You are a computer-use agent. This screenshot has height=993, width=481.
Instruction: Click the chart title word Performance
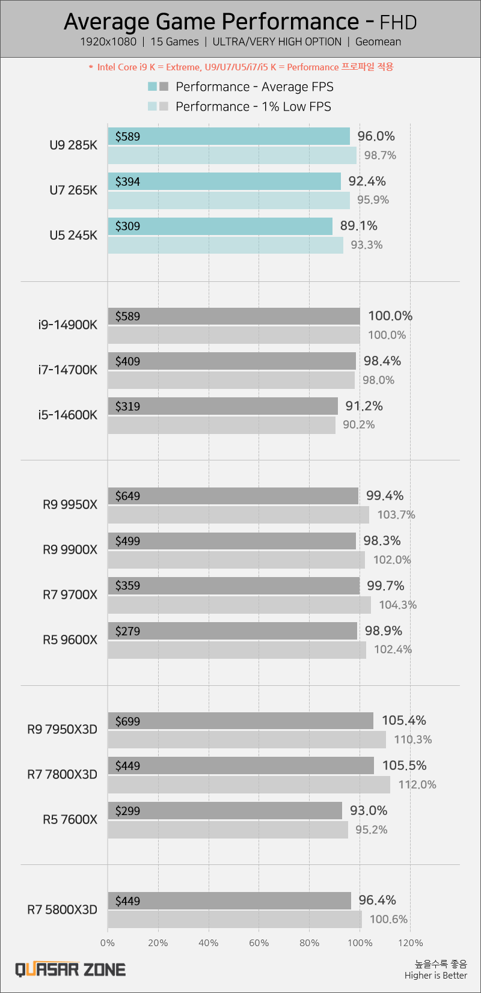291,22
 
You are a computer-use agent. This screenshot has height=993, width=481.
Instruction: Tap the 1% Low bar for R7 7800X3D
249,784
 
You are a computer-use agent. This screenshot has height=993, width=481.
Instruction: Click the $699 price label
127,721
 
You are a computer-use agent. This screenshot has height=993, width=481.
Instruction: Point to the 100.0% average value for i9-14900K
390,316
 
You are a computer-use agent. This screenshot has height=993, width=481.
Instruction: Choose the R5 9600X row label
70,640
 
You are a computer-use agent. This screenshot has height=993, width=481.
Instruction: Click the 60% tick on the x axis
259,943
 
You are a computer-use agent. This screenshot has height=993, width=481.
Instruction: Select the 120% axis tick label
411,943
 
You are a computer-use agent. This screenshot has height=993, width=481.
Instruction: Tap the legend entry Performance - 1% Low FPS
253,106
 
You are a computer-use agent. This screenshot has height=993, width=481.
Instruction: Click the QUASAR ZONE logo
70,970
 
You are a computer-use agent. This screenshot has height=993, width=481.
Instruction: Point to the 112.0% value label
417,784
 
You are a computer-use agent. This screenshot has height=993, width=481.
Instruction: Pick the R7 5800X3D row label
62,909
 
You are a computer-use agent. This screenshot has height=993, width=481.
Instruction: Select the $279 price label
127,631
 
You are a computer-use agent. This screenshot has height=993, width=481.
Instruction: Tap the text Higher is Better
436,976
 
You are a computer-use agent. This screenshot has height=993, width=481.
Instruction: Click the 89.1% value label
359,226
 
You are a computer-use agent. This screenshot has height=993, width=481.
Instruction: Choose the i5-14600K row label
67,415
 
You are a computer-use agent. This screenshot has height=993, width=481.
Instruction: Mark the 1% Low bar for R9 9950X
239,515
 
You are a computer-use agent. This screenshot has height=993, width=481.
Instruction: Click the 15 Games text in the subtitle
174,42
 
